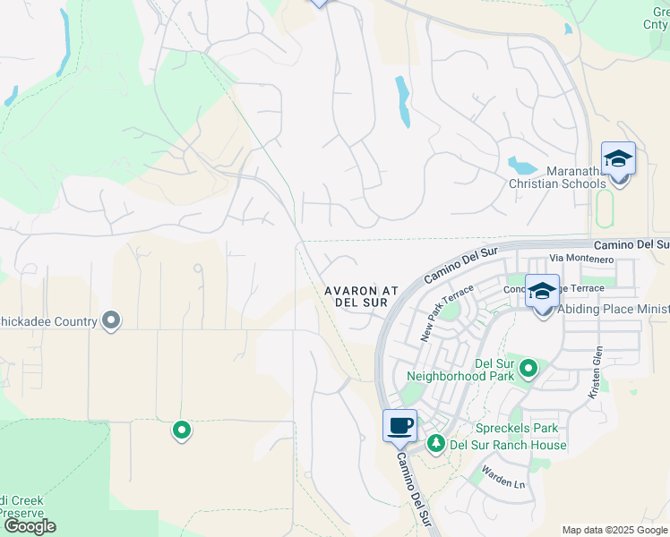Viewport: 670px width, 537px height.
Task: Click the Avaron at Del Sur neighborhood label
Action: [361, 297]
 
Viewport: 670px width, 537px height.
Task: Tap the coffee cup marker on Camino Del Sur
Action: [400, 426]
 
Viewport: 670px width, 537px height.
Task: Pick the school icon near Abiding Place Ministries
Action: [542, 292]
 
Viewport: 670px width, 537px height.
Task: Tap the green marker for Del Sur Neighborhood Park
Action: [528, 368]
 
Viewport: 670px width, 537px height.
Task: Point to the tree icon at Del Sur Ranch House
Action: [436, 443]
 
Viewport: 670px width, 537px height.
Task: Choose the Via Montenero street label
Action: [588, 260]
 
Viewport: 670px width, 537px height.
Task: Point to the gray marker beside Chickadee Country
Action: [111, 320]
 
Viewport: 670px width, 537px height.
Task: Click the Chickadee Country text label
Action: [47, 321]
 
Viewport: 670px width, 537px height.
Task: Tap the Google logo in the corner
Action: [30, 526]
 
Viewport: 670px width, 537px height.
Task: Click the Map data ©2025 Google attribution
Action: [614, 530]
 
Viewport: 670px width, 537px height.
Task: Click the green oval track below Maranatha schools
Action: [603, 209]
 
